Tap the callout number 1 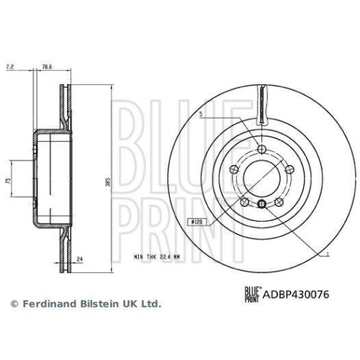tap(328, 256)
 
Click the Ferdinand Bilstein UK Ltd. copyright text tap(84, 304)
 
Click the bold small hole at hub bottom tap(262, 204)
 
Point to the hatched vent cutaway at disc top tap(263, 103)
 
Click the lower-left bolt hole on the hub tap(244, 201)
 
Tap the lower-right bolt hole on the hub tap(280, 201)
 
